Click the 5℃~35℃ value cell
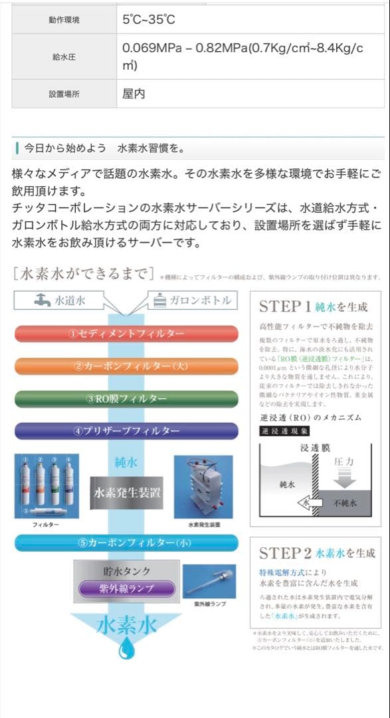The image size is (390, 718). pos(149,20)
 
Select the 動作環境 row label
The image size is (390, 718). pos(64,20)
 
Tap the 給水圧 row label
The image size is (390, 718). pos(64,57)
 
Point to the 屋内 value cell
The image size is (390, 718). pos(134,94)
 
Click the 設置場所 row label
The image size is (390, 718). pos(64,94)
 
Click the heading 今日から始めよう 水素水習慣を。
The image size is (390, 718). pos(104,148)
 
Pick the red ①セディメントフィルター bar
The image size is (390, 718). pos(126,334)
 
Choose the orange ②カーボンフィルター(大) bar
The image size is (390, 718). pos(126,366)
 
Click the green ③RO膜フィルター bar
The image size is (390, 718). pos(126,398)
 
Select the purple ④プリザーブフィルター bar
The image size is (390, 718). pos(126,431)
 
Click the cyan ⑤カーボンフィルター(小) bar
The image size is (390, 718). pos(126,542)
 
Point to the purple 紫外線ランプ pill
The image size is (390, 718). pos(126,588)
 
